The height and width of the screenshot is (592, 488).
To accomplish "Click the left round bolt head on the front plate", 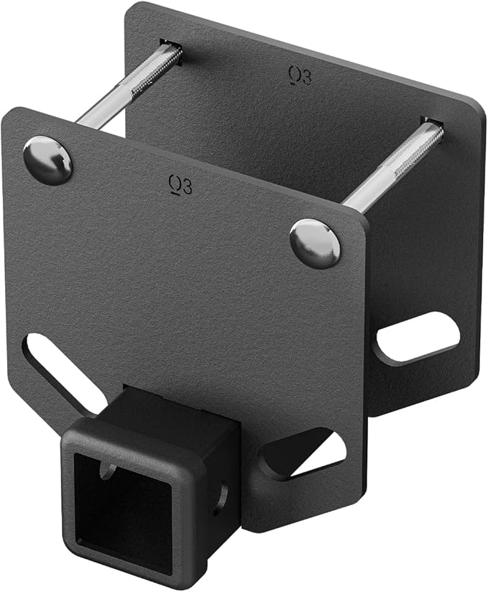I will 47,160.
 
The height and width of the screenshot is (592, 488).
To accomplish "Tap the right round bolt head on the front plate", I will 315,244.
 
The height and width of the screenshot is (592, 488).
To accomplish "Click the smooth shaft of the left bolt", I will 108,108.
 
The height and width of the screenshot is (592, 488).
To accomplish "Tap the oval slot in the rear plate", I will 418,336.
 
